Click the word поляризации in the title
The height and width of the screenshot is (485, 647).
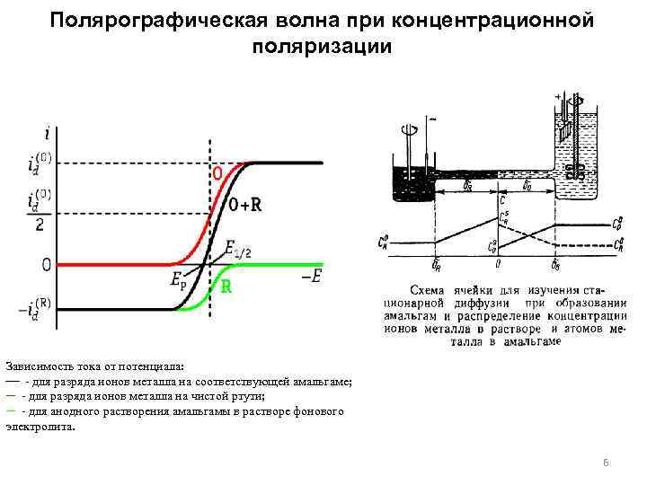point(323,47)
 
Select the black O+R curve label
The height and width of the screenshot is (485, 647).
point(245,205)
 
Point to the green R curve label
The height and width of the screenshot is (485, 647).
point(227,289)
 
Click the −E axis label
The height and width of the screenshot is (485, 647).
point(312,278)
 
